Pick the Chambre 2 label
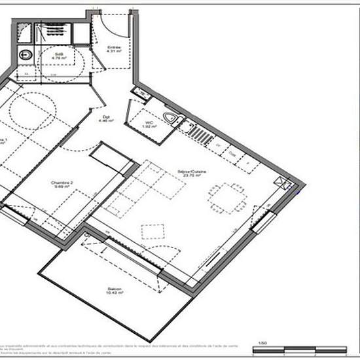click(x=63, y=184)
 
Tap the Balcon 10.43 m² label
click(x=115, y=291)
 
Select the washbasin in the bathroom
click(x=26, y=55)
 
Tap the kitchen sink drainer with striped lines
click(x=199, y=134)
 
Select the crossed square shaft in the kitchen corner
click(x=282, y=183)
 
